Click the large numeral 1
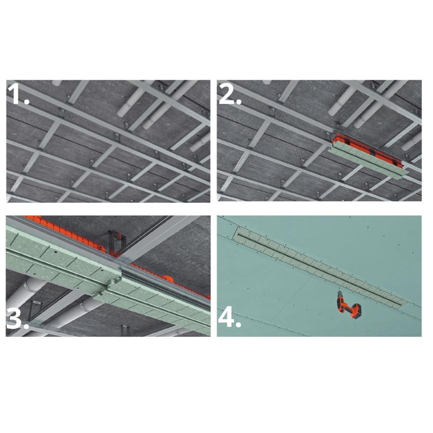pos(14,94)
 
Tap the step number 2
pos(227,94)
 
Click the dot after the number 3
pos(26,325)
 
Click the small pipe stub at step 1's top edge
pos(57,83)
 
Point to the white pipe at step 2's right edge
pos(412,141)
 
